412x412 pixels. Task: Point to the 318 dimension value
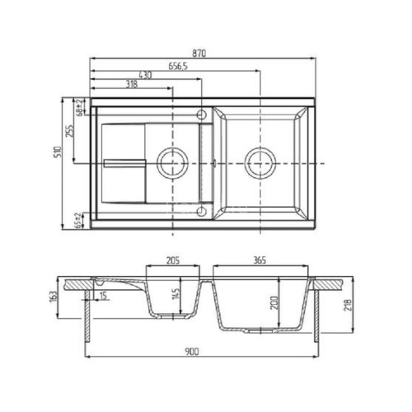130,85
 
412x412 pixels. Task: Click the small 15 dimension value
102,297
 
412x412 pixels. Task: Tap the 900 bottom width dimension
191,353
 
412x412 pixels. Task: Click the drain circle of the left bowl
172,162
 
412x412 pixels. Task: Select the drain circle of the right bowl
260,162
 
